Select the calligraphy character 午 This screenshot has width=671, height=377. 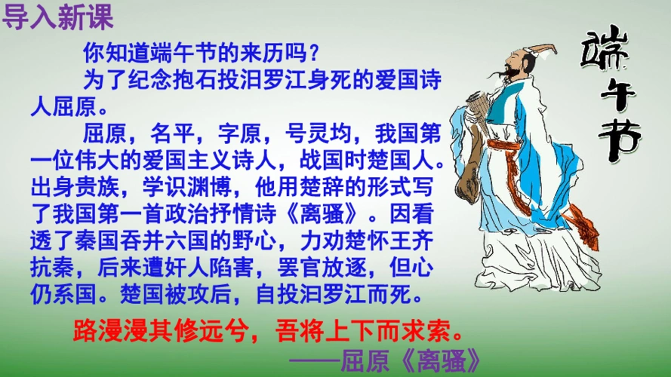coord(615,99)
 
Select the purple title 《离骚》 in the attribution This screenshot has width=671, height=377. coord(442,360)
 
